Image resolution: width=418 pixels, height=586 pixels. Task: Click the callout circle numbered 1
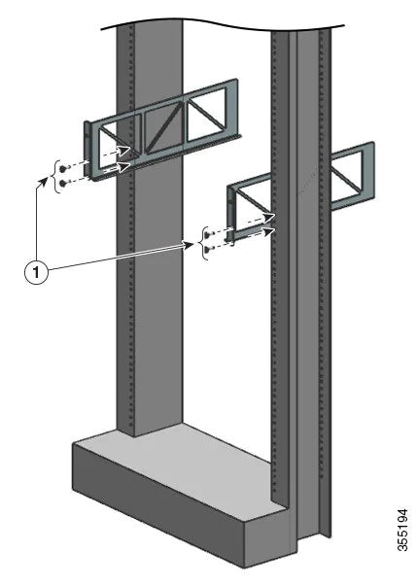(x=35, y=274)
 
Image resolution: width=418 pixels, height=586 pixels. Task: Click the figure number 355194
(x=402, y=551)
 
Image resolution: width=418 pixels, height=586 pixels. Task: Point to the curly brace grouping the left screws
(x=54, y=173)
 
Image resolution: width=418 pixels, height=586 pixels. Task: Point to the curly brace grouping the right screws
(x=201, y=241)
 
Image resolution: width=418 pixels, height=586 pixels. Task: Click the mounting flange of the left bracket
(x=88, y=151)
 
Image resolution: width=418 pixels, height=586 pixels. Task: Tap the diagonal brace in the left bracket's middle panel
(x=167, y=126)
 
